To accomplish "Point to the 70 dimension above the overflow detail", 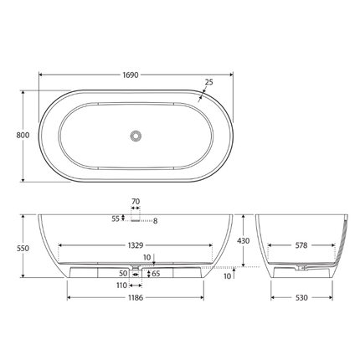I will [x=135, y=202].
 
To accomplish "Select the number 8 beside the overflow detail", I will [x=154, y=221].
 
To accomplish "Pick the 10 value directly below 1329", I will [x=147, y=258].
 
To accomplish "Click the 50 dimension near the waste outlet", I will [x=123, y=273].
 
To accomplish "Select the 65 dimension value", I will [x=156, y=273].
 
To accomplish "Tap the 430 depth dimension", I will [x=244, y=240].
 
